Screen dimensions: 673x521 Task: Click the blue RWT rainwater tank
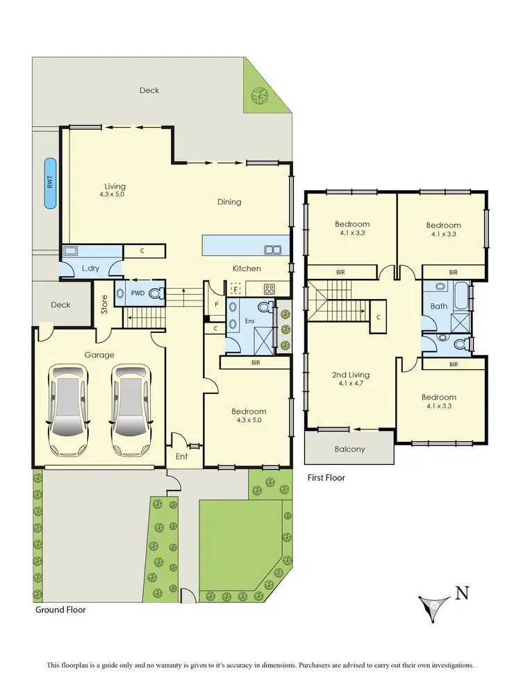[49, 183]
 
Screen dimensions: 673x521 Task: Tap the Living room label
[115, 186]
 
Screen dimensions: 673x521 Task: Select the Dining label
[229, 202]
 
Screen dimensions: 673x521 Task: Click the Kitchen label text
[247, 269]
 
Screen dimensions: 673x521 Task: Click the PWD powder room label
[138, 293]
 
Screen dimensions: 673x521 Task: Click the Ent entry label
[181, 456]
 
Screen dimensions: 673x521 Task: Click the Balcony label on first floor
[349, 449]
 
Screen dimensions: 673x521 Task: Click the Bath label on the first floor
[438, 305]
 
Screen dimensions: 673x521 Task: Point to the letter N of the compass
[460, 593]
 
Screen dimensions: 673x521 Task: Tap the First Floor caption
[326, 477]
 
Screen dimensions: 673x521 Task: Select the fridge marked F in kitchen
[236, 289]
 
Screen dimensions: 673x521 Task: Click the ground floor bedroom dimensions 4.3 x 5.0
[249, 421]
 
